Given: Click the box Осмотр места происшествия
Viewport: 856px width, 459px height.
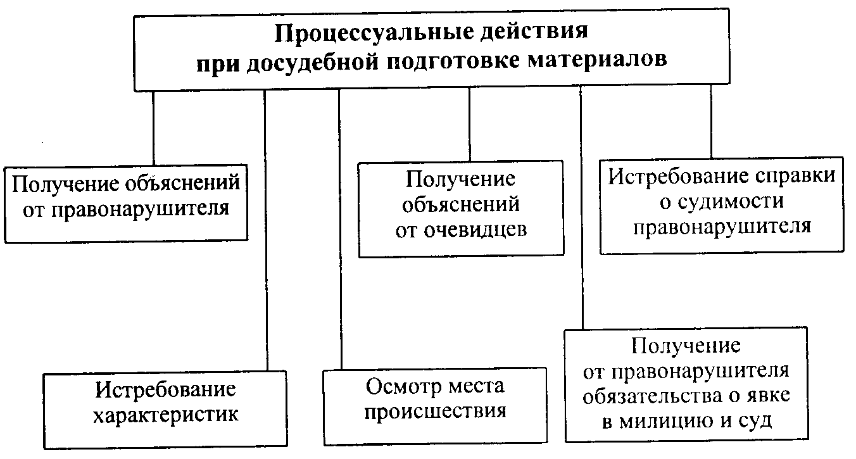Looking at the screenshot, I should [x=434, y=405].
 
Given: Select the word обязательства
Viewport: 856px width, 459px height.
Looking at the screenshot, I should [x=650, y=396].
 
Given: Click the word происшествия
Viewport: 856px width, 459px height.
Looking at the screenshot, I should [x=436, y=412].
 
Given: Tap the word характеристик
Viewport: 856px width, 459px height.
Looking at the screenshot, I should [x=166, y=416].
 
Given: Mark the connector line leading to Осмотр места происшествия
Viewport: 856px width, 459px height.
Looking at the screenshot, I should [x=339, y=228].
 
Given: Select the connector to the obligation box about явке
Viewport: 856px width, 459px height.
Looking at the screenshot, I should [x=581, y=209].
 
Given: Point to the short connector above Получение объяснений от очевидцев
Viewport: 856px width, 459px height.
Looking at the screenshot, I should [x=469, y=126].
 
